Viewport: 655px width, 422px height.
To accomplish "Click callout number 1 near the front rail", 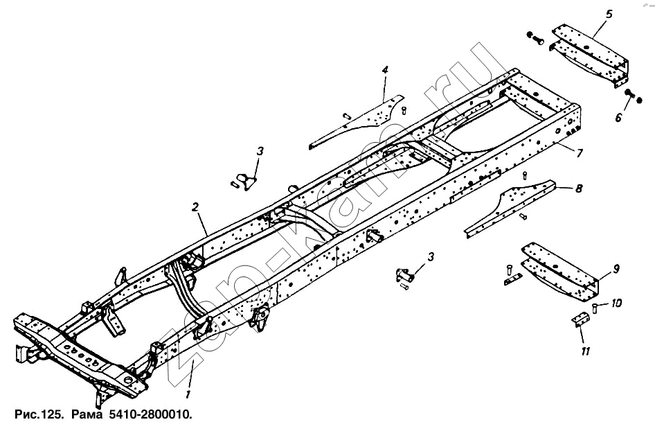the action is [188, 394].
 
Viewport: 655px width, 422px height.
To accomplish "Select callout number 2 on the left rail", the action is [195, 207].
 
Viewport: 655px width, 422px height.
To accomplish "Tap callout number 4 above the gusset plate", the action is [385, 69].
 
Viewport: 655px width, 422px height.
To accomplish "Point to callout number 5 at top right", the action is [609, 14].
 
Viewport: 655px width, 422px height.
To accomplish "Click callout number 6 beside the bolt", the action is [619, 118].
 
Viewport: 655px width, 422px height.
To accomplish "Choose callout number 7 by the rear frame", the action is [579, 154].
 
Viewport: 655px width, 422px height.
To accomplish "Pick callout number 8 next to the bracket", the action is [579, 188].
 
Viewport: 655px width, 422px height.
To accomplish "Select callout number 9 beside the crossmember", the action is [616, 269].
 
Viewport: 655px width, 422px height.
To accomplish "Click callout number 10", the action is [616, 302].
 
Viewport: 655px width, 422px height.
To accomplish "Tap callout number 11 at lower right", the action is [585, 351].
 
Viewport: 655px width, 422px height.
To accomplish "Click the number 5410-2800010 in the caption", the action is [150, 414].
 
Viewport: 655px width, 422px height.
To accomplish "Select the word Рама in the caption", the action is [87, 414].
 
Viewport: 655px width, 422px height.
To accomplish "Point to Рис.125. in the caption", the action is [39, 414].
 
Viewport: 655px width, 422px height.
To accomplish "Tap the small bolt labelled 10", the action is [595, 308].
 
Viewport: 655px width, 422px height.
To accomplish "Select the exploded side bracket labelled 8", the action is [510, 209].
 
